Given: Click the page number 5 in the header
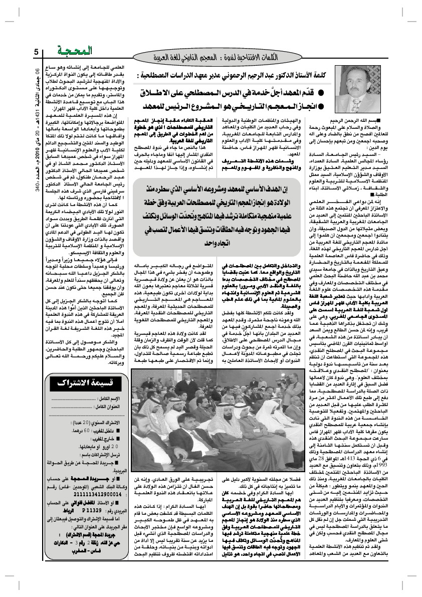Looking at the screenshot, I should click(37, 52).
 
